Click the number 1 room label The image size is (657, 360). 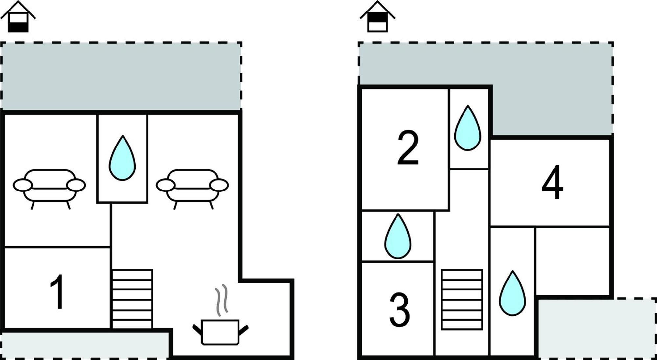[x=57, y=292]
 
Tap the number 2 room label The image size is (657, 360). [x=408, y=147]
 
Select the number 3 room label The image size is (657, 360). [x=399, y=309]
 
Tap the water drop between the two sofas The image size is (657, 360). [x=122, y=158]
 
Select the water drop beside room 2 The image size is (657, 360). [x=467, y=128]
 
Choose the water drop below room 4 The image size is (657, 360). [x=512, y=293]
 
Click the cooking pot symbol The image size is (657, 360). [x=220, y=332]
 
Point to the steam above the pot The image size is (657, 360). [x=221, y=300]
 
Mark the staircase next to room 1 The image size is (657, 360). [x=132, y=299]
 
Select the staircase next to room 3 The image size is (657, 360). [x=462, y=300]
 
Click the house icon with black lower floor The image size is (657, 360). [x=18, y=16]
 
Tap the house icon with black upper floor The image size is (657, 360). [x=377, y=16]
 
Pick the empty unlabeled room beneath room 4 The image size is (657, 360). [x=573, y=261]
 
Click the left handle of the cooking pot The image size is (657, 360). [x=197, y=330]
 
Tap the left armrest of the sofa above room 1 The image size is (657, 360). [x=23, y=185]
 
